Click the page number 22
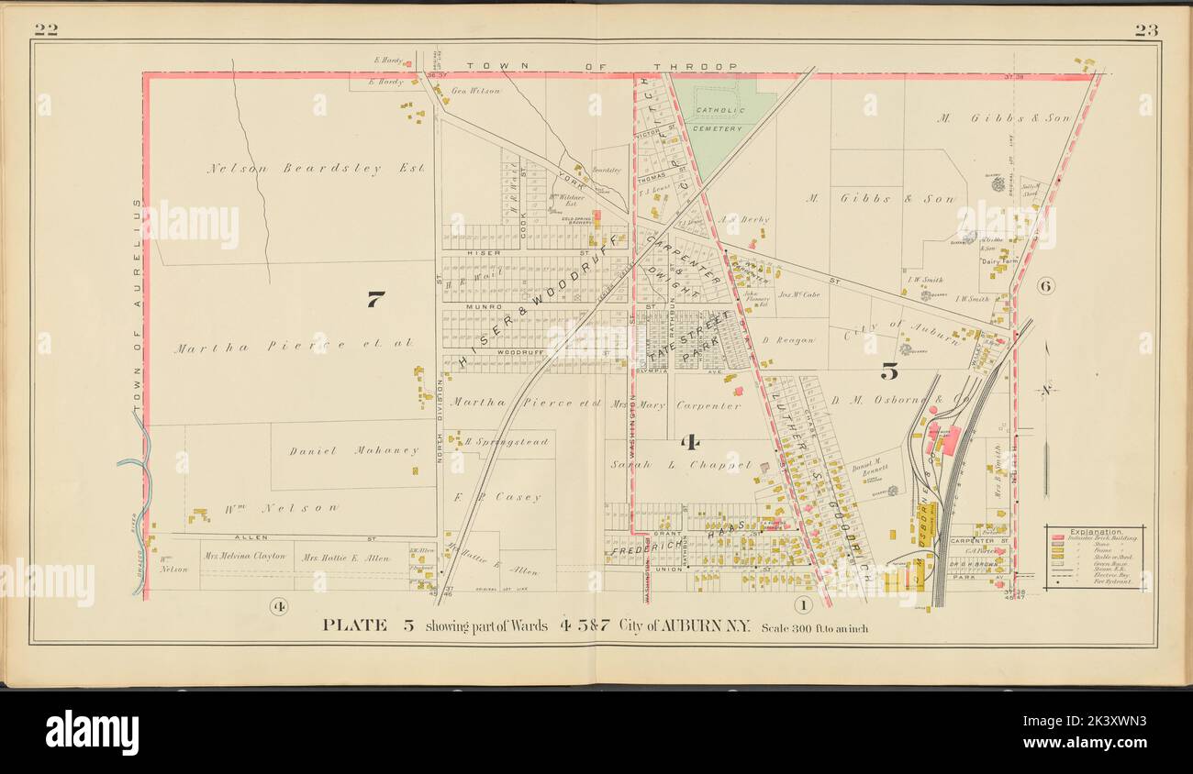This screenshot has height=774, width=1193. point(46,30)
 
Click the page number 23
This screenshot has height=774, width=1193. point(1145,30)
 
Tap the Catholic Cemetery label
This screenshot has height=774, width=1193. point(718,119)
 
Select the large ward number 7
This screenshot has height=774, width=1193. point(374,299)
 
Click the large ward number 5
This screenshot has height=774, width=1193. point(888,371)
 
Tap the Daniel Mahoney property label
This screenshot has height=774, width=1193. point(353,451)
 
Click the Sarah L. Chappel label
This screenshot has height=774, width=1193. point(681,465)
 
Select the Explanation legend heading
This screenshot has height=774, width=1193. point(1094,531)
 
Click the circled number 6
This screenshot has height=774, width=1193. point(1045,286)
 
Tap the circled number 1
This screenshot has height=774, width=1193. point(803,605)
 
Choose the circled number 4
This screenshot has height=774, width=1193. point(279,605)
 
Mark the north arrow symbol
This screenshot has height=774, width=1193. point(1047,390)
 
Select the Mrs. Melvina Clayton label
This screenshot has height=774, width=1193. point(245,557)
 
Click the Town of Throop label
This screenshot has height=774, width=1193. point(601,67)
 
